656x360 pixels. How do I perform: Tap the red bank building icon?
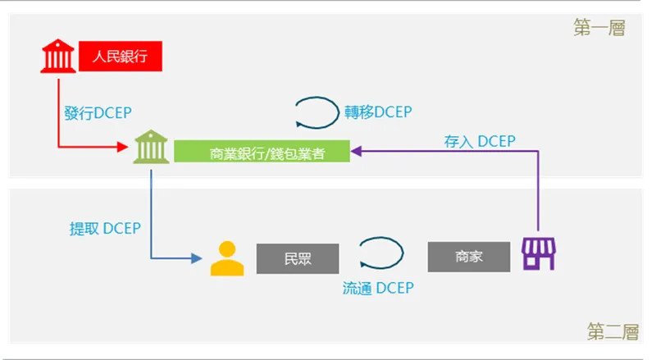coord(58,57)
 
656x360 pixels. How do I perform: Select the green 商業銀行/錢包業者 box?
coord(262,151)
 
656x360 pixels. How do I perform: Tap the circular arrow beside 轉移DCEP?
coord(317,112)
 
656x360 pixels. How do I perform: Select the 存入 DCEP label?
coord(480,142)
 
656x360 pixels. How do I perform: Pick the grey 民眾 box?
coord(298,258)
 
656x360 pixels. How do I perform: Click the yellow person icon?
coord(227,257)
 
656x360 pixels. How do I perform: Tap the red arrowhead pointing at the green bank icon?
coord(125,148)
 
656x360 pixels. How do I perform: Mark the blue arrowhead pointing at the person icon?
coord(196,258)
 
